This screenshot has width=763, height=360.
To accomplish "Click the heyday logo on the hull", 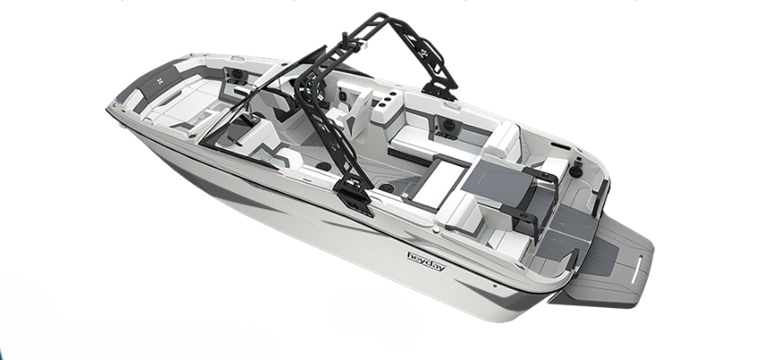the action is pos(426,261).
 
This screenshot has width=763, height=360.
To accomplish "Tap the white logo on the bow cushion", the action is pos(160,81).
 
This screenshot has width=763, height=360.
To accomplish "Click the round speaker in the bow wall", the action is pos(237,74).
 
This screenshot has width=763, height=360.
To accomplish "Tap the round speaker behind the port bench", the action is pos(448,123).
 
